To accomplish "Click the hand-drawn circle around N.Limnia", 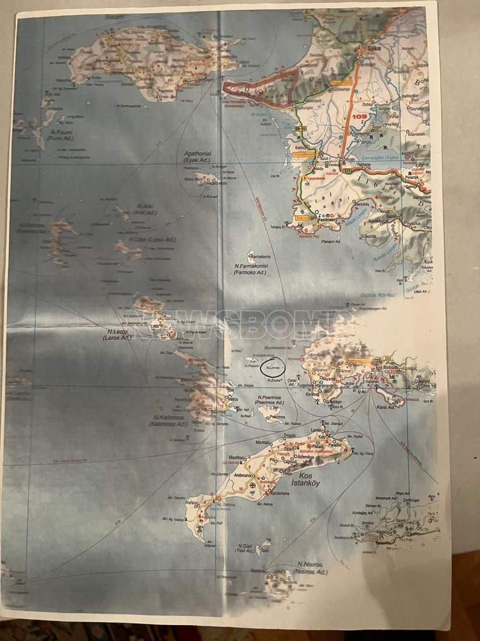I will point(273,367).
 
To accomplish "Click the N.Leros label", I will point(116,335).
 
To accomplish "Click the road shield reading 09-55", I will point(301,129).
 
